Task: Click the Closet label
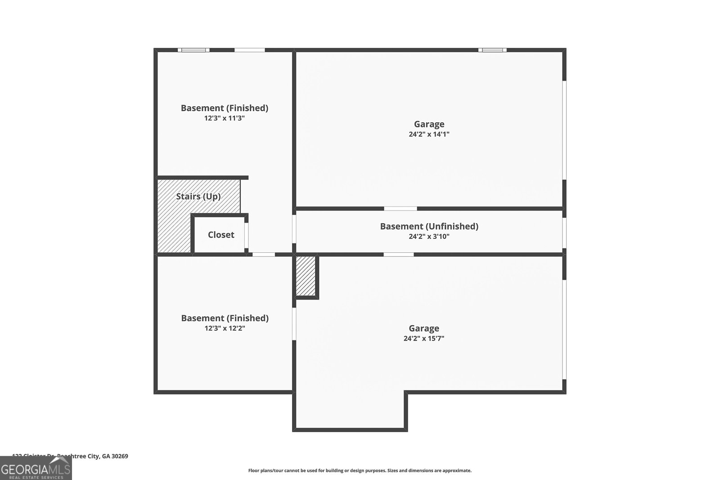point(221,235)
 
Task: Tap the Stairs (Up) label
point(198,197)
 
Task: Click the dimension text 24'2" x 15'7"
point(423,339)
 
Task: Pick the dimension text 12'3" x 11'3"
point(224,118)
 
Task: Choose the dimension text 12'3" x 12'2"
point(225,328)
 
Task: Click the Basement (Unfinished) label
point(429,226)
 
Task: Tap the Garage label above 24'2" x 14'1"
point(429,124)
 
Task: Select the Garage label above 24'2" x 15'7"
point(423,328)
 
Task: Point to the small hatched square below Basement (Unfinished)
point(306,276)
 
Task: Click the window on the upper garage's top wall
point(492,50)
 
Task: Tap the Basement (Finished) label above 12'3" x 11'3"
point(224,108)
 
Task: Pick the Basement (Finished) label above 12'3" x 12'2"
point(225,318)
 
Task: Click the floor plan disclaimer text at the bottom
point(360,471)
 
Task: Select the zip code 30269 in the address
point(120,456)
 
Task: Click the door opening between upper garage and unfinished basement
point(400,208)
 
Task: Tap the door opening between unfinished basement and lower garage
point(398,255)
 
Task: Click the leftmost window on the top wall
point(193,50)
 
